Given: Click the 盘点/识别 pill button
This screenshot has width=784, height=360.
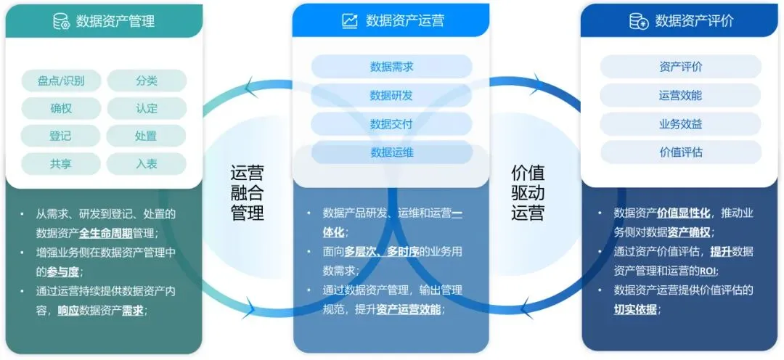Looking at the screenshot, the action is point(61,81).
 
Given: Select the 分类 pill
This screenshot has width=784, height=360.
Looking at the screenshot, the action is point(147,81).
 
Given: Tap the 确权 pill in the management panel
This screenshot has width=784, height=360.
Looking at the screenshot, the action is point(61,108).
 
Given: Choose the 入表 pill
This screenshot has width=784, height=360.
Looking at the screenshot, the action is point(147,163).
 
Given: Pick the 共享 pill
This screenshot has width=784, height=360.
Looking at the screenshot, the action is point(61,163).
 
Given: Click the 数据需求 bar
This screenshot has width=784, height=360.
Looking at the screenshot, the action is point(391,67).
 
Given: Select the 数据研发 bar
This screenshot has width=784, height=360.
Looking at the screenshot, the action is point(391,95).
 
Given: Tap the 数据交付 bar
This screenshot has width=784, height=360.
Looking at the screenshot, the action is point(391,123).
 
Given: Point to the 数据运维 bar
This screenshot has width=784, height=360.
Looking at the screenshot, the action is point(391,152).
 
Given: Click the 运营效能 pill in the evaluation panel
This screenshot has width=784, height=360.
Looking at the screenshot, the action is point(680,95).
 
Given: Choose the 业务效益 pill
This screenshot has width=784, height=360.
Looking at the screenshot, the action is point(680,123).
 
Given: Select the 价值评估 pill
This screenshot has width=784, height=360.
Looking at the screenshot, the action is point(680,152).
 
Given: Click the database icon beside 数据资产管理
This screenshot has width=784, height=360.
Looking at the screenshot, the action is point(61,21).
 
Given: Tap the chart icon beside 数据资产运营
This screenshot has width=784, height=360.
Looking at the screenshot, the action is point(350,21).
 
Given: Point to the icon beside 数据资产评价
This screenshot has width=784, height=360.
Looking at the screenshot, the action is point(639,21).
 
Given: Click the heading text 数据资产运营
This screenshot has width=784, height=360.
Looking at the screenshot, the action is point(405,21).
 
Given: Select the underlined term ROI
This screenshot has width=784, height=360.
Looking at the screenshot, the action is point(708,271).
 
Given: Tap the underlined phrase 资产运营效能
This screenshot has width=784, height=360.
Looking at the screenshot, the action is point(409,309).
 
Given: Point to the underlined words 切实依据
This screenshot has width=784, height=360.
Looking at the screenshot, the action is point(637,309).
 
